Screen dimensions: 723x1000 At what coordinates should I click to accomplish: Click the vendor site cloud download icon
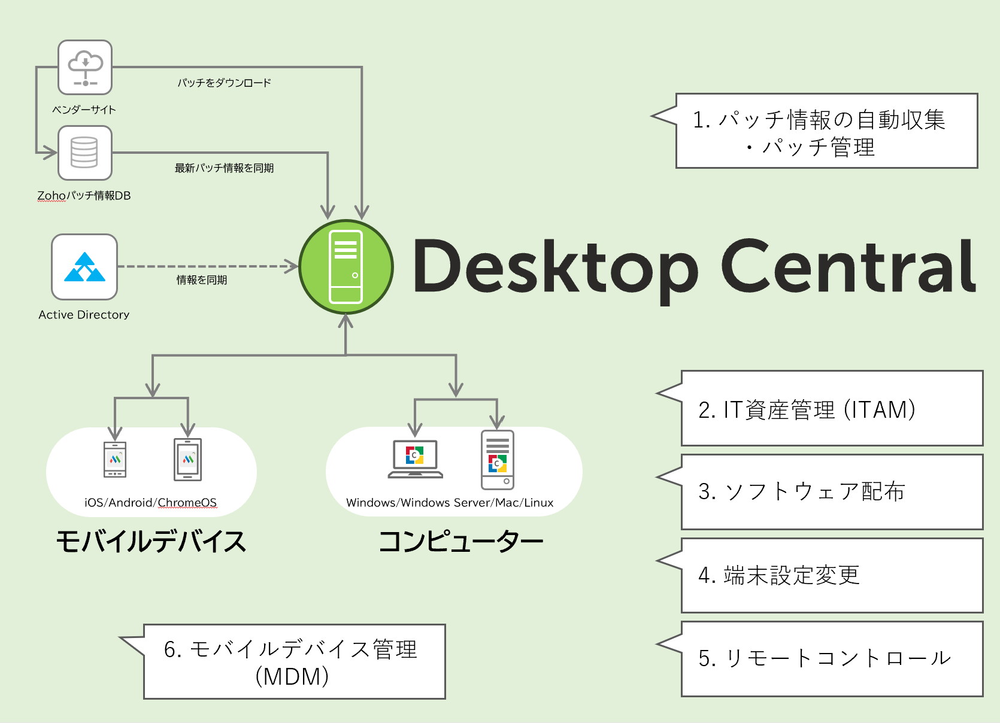click(85, 68)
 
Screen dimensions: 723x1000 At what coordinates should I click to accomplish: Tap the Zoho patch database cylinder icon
click(84, 153)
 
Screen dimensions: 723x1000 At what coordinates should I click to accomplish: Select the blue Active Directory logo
click(84, 267)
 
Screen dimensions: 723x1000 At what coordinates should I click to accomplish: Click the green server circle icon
click(346, 267)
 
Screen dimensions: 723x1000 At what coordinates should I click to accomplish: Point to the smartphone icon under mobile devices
click(115, 460)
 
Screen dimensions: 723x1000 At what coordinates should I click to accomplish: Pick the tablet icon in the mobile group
click(187, 460)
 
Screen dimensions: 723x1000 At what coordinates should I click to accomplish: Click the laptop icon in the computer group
click(415, 459)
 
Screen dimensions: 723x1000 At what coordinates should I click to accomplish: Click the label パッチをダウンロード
click(224, 83)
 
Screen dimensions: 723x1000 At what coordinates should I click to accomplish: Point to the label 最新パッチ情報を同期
click(224, 168)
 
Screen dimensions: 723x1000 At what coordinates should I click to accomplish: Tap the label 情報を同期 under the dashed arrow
click(202, 280)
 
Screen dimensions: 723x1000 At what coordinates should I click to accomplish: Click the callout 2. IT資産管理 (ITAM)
click(831, 409)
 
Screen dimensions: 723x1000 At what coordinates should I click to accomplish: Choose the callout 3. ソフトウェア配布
click(831, 492)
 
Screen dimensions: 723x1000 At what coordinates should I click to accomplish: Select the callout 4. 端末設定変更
click(831, 575)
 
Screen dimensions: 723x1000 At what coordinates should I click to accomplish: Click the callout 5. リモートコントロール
click(831, 658)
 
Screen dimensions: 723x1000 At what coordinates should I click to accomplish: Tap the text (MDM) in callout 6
click(292, 677)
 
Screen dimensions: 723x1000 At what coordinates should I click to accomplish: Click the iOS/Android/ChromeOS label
click(150, 503)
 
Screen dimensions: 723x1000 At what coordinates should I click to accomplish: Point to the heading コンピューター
click(460, 542)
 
